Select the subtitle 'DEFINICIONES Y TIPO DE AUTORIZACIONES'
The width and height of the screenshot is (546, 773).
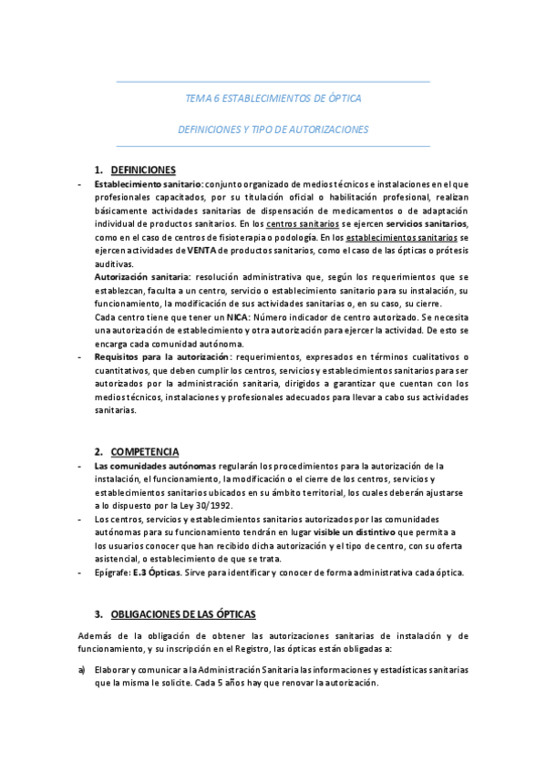point(273,129)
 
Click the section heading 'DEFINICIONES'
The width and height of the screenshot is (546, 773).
point(143,170)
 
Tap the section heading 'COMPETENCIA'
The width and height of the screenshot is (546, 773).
point(145,452)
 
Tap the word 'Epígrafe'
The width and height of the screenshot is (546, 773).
point(111,572)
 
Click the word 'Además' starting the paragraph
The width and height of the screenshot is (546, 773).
point(96,634)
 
